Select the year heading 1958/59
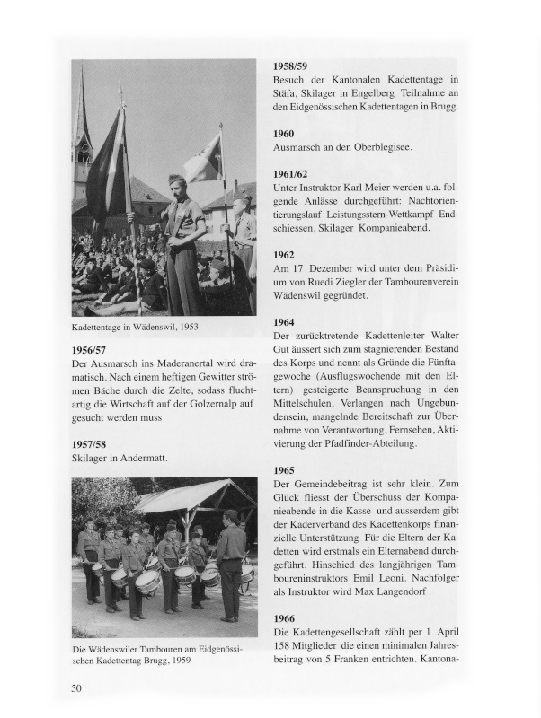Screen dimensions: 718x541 point(289,66)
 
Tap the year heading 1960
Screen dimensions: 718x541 point(283,133)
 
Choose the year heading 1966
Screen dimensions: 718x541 point(283,618)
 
